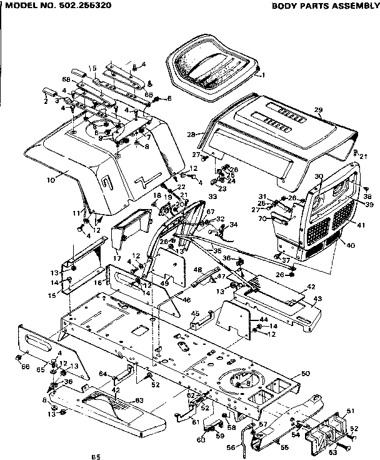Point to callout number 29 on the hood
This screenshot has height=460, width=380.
(318, 111)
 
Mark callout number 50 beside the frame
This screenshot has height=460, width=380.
(305, 374)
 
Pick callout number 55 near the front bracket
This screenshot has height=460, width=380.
(284, 447)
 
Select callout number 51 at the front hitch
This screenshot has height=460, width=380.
(349, 411)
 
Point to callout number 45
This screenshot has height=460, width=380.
(194, 314)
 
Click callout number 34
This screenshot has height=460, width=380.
(234, 224)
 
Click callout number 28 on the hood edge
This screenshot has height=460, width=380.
(191, 134)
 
